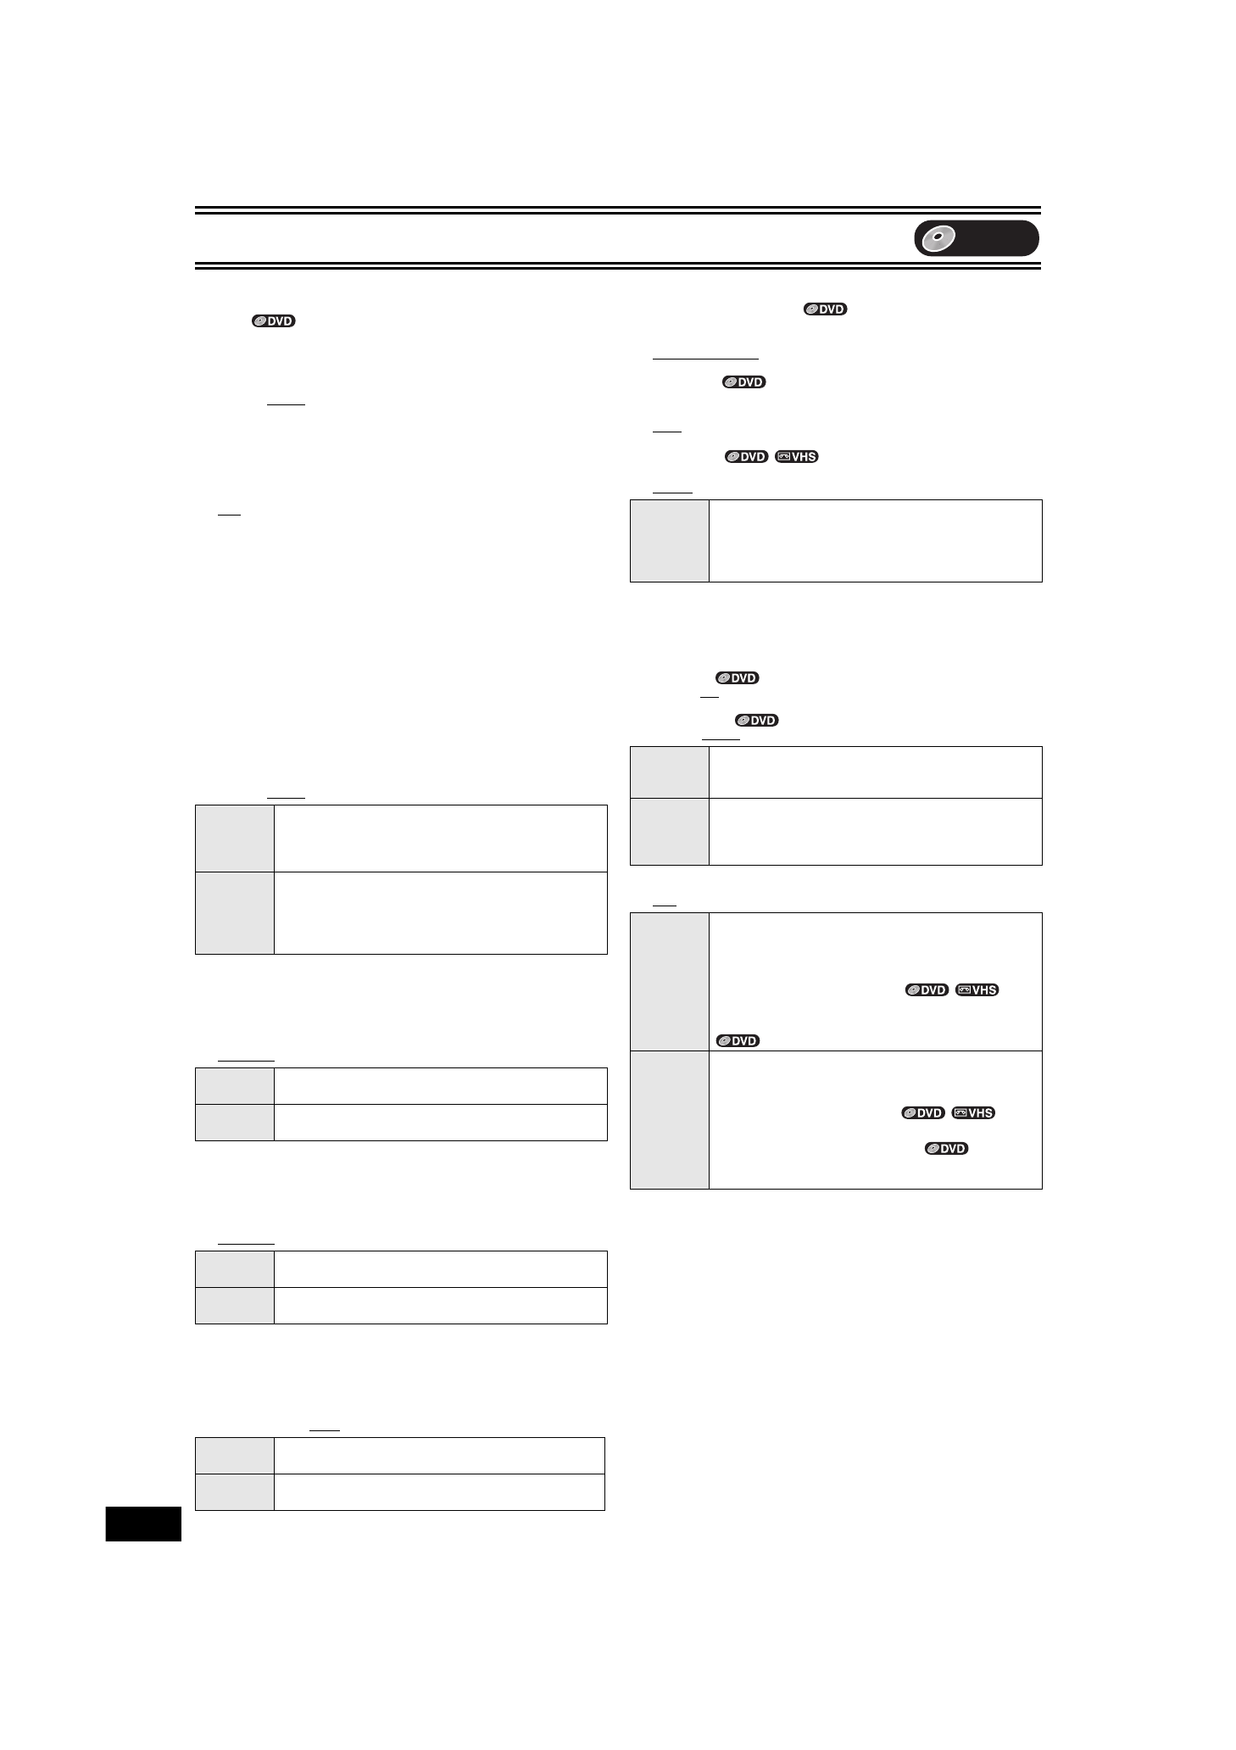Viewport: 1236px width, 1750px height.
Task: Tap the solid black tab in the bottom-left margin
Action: [x=143, y=1524]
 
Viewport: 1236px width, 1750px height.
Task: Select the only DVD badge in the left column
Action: [x=273, y=321]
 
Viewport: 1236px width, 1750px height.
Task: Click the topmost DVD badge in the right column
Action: [x=826, y=309]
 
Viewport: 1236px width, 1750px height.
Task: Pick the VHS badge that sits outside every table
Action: [x=797, y=456]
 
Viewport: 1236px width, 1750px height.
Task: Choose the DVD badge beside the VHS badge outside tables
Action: [x=746, y=456]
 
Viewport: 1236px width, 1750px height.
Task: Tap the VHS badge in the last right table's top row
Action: [x=977, y=989]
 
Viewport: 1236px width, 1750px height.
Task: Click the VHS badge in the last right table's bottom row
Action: [x=973, y=1112]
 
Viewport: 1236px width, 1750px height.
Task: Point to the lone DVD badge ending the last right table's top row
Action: [x=738, y=1040]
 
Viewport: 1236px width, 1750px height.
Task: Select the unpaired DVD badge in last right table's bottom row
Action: [x=946, y=1148]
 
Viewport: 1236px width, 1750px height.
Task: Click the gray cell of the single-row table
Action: [x=670, y=541]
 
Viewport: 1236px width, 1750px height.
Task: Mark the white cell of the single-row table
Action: [x=875, y=541]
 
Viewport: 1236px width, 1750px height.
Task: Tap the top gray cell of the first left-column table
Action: [x=235, y=839]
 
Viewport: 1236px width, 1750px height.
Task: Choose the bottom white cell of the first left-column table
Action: [x=441, y=912]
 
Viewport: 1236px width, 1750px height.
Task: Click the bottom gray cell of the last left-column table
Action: [x=235, y=1491]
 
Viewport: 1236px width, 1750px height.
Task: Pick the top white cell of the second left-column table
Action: [x=441, y=1085]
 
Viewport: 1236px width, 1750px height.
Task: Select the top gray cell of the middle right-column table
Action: [x=670, y=772]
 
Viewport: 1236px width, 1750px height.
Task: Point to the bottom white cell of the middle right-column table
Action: [x=875, y=831]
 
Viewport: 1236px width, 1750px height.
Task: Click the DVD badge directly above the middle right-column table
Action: [x=757, y=720]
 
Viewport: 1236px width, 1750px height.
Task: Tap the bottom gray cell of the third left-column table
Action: [x=235, y=1305]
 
